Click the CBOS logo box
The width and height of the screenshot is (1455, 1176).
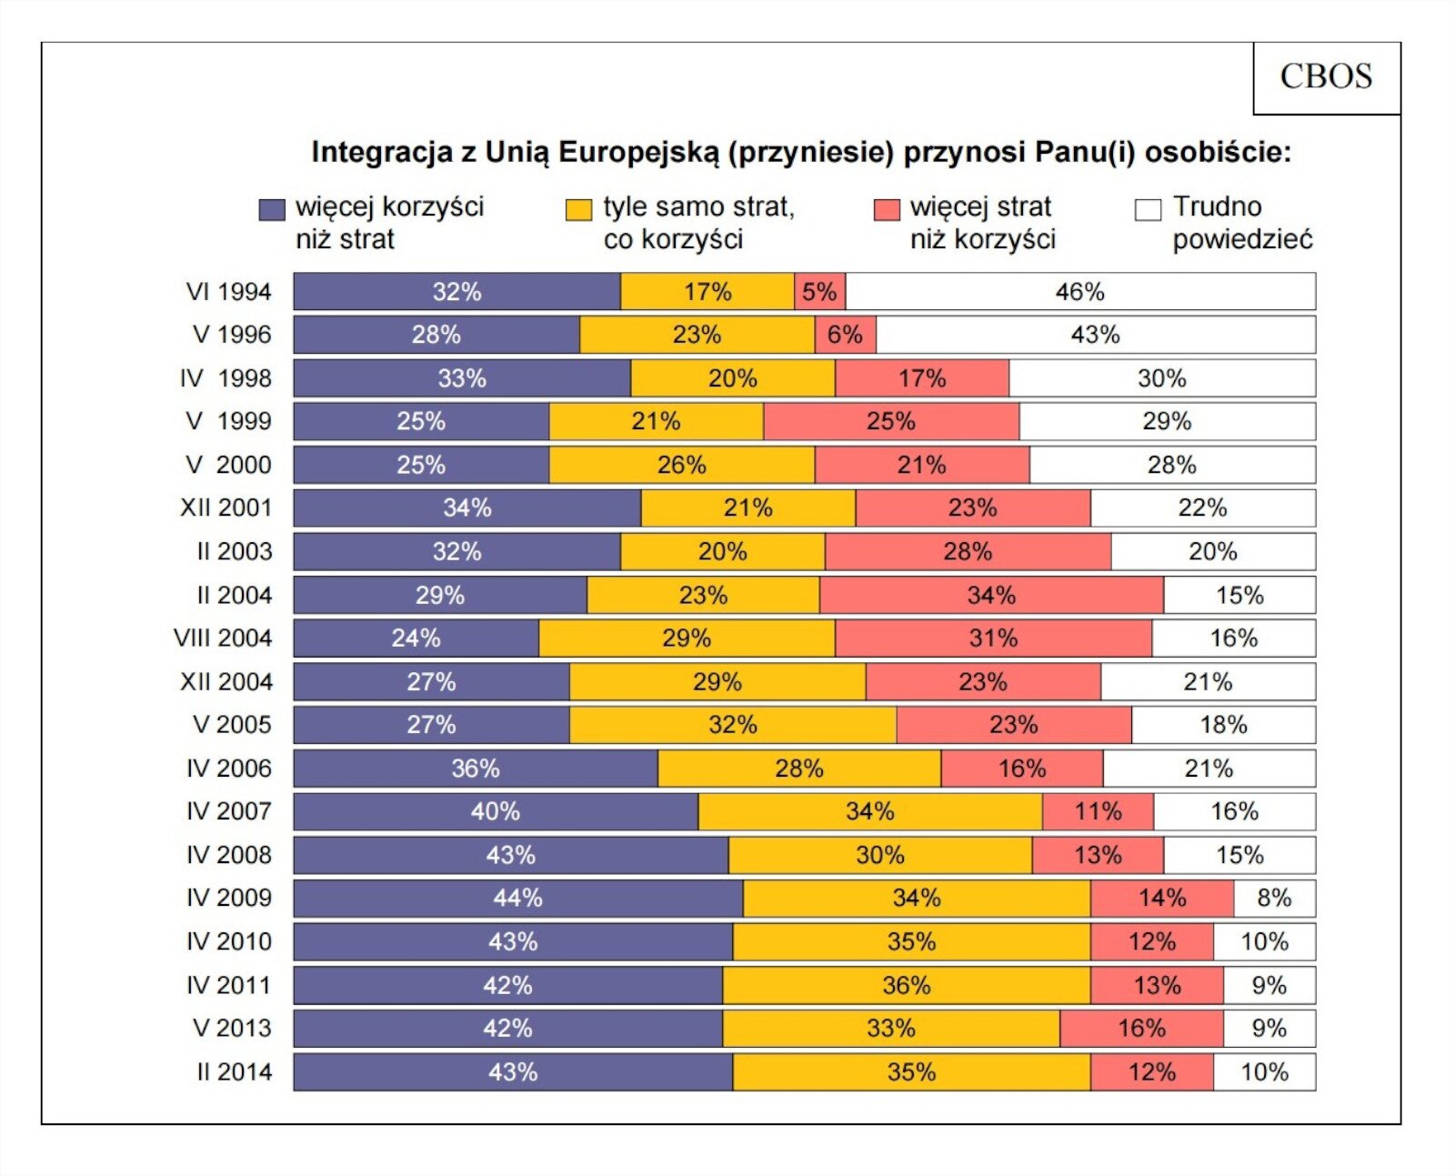coord(1326,77)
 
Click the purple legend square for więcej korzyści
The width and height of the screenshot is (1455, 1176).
coord(272,210)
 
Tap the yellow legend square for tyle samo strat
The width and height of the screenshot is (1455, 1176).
coord(578,210)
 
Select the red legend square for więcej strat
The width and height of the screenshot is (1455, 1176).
coord(887,210)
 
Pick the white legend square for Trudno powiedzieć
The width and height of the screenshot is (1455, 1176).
coord(1149,210)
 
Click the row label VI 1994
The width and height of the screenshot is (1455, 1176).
coord(228,292)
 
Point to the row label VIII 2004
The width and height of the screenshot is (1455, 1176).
coord(223,638)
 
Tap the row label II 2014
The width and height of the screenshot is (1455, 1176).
coord(234,1072)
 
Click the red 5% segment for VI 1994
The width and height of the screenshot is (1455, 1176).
coord(819,292)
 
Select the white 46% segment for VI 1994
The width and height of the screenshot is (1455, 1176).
coord(1080,292)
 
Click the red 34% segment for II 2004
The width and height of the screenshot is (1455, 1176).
coord(991,596)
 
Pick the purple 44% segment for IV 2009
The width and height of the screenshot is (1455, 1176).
coord(517,899)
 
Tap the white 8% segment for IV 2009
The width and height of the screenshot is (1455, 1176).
coord(1274,899)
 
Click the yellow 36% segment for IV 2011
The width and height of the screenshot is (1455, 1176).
coord(906,986)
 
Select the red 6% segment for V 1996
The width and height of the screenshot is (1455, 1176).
coord(845,335)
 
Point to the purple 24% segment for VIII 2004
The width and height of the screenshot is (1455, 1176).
coord(416,638)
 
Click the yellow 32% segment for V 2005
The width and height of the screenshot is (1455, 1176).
coord(732,725)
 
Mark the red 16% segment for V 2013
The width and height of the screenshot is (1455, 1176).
coord(1141,1029)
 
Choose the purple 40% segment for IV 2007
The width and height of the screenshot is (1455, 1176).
coord(495,811)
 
